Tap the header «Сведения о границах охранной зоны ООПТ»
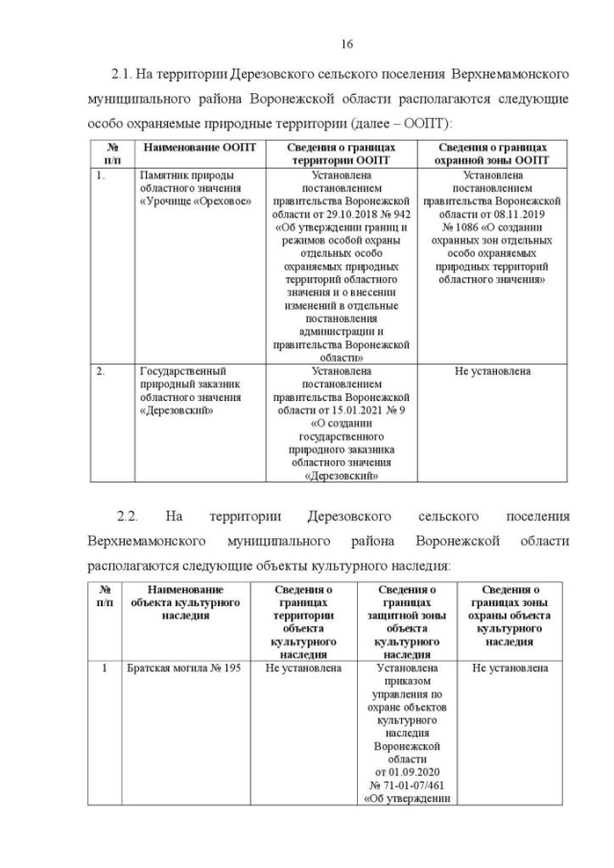492,153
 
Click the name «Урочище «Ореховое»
186,202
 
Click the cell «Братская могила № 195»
183,669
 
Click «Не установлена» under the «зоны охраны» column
509,669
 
